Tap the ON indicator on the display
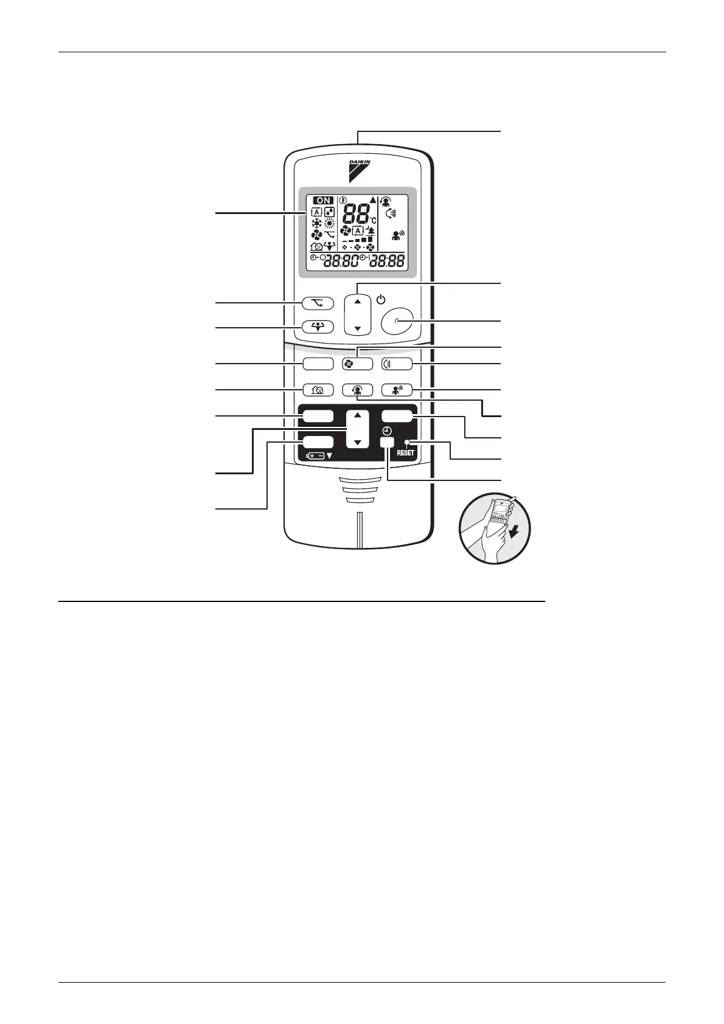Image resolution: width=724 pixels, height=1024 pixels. click(324, 200)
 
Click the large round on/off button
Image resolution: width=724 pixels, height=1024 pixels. click(396, 321)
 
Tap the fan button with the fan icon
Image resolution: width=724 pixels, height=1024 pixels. click(357, 364)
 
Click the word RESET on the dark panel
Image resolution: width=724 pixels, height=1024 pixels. click(406, 453)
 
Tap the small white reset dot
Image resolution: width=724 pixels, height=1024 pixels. click(406, 442)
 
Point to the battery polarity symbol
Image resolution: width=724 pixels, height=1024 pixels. click(315, 455)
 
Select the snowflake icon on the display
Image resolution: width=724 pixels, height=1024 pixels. click(316, 223)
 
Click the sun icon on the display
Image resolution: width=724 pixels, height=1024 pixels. click(330, 223)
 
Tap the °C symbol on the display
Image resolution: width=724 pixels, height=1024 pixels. click(372, 220)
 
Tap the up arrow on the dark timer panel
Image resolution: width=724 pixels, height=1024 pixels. click(357, 415)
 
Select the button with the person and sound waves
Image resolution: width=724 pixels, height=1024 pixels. click(396, 390)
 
